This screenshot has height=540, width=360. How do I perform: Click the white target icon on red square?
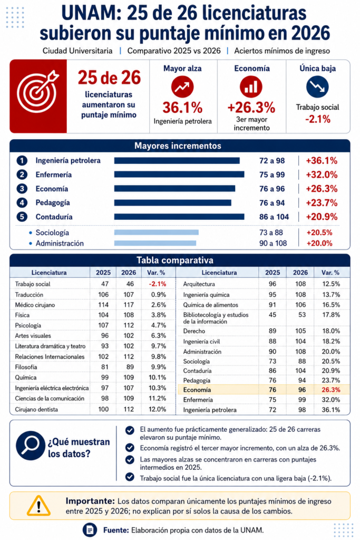37,92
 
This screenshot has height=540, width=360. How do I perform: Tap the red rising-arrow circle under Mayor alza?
182,87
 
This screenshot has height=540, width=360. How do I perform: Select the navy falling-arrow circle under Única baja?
317,87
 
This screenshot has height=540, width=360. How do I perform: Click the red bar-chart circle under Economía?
251,87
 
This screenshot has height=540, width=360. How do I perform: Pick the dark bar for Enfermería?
179,175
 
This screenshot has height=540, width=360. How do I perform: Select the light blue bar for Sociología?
157,233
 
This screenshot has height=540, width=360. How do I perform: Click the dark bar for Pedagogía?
173,203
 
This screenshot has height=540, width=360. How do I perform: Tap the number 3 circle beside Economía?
22,189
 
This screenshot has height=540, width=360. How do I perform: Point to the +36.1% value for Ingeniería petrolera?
322,160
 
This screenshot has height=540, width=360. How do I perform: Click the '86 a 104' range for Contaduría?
274,217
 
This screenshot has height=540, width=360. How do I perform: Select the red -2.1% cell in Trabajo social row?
158,284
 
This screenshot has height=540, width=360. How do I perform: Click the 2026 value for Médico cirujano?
129,305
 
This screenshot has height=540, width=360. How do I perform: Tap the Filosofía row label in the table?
26,367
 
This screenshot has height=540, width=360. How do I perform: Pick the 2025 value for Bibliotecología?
273,315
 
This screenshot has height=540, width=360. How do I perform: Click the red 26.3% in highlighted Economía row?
330,390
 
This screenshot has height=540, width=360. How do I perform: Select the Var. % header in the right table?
330,273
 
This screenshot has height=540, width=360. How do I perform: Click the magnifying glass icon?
31,446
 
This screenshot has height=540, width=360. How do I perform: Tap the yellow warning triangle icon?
38,506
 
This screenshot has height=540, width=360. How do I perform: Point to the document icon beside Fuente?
90,530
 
